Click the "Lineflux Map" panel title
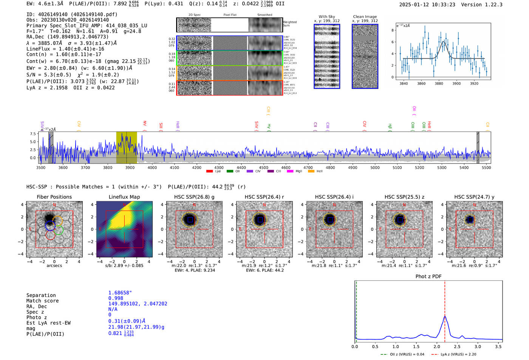coord(124,197)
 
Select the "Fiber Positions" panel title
coord(54,197)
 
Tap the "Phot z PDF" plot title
coord(428,276)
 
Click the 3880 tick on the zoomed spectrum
coord(439,83)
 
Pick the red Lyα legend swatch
coord(209,172)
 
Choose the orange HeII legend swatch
coord(311,172)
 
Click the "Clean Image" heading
coord(365,17)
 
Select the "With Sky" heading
coord(326,17)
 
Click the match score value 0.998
coord(116,298)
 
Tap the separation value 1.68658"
coord(120,293)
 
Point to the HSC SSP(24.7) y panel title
coord(474,197)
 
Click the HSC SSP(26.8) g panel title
coord(194,197)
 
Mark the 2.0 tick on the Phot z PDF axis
coord(437,346)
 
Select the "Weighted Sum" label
coord(289,24)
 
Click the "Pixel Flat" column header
coord(230,15)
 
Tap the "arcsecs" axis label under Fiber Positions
coord(54,266)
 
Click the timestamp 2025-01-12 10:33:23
coord(427,5)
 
